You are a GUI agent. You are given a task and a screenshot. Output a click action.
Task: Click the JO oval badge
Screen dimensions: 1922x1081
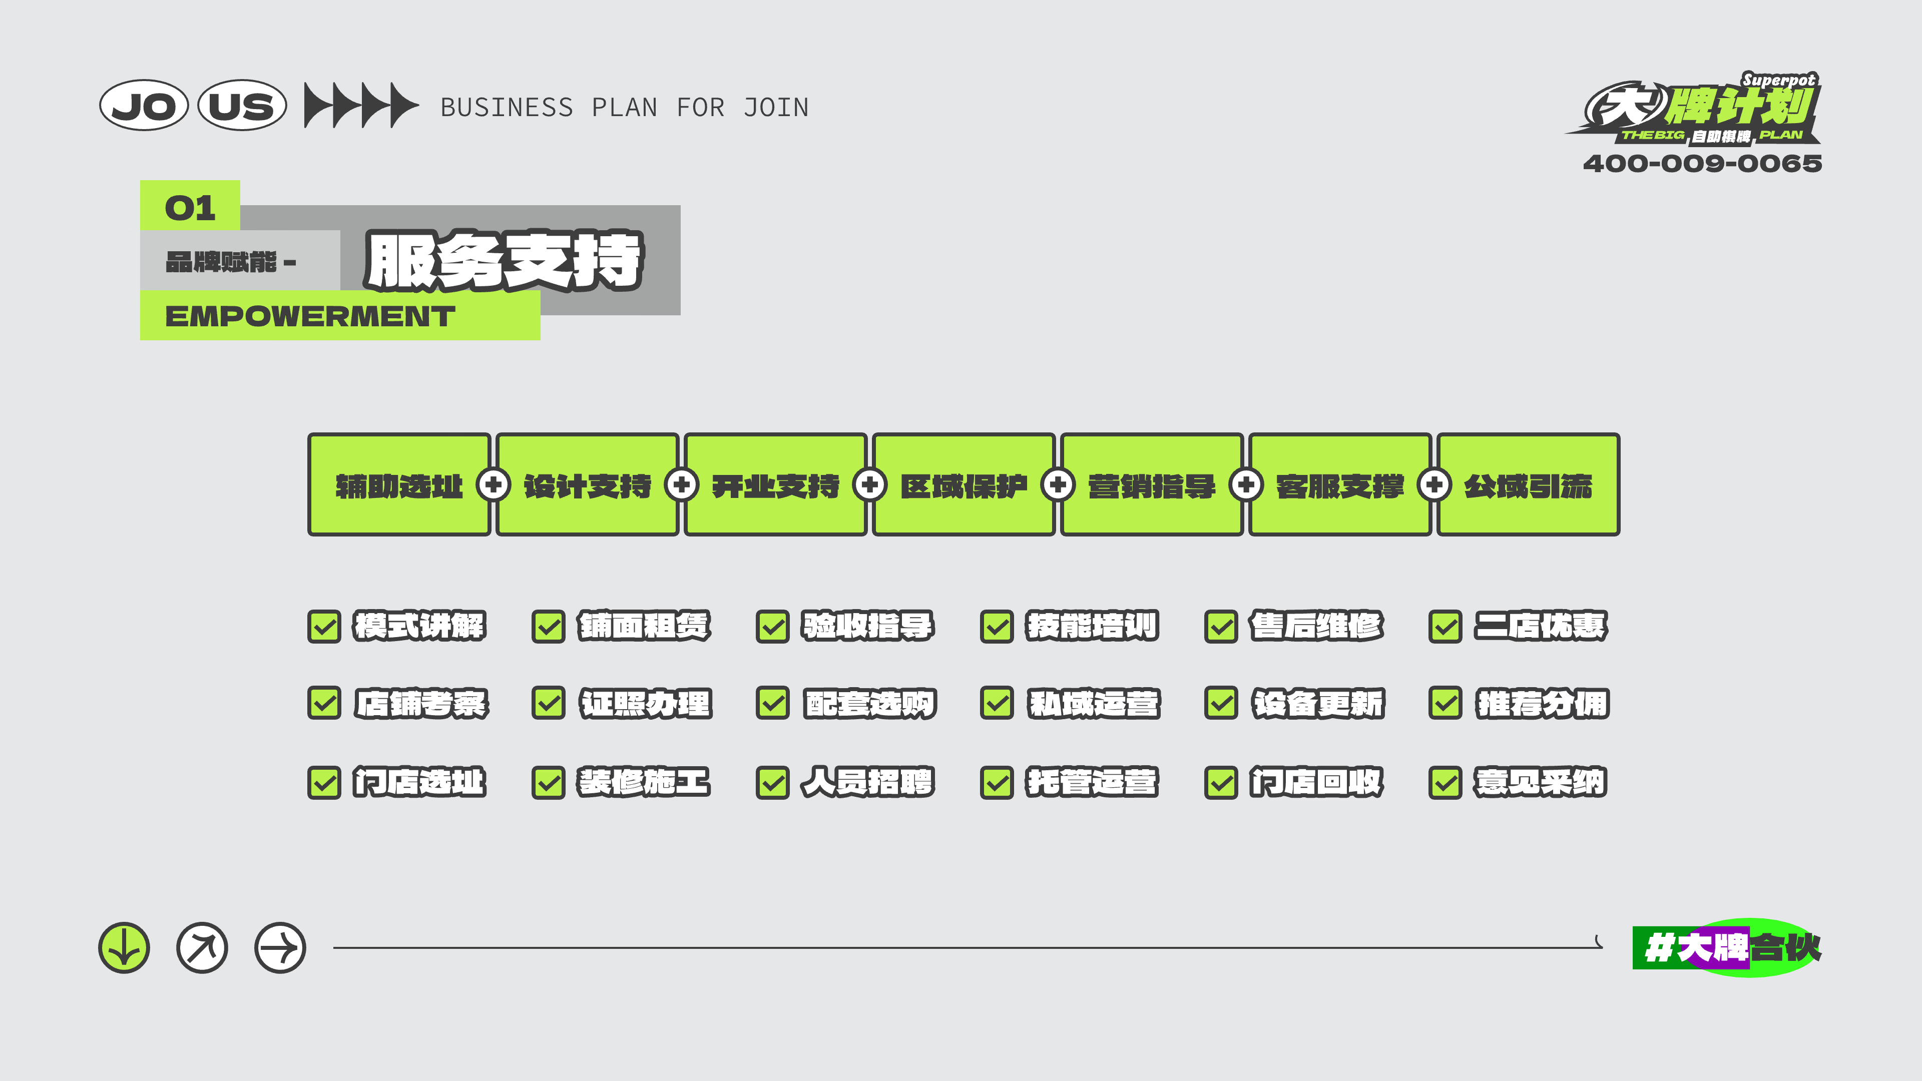(143, 105)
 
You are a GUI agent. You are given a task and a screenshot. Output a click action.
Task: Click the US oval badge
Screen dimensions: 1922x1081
(242, 105)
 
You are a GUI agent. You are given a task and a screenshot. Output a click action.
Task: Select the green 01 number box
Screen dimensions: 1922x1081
(190, 206)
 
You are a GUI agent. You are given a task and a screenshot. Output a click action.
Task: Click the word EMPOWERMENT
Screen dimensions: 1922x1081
(310, 316)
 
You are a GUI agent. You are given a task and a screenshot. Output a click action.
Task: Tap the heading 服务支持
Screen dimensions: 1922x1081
(505, 260)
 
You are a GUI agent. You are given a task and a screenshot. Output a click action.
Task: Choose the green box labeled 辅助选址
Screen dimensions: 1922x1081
(399, 484)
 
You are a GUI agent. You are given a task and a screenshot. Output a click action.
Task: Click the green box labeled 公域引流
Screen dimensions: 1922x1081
(1528, 484)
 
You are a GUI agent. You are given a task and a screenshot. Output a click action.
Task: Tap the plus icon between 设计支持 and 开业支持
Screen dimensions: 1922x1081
(681, 485)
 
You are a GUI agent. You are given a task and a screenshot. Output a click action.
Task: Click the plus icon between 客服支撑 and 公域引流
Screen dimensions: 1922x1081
(1433, 485)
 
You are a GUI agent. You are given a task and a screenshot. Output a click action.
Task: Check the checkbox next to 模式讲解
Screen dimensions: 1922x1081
(324, 627)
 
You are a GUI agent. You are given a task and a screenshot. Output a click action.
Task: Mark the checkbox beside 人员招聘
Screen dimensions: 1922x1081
(772, 783)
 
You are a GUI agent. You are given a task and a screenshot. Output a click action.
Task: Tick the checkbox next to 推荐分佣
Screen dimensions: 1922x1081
(1445, 704)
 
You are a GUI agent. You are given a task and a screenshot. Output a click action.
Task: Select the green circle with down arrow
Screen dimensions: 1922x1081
(124, 948)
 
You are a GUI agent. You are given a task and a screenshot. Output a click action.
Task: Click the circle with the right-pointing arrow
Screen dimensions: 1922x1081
(280, 948)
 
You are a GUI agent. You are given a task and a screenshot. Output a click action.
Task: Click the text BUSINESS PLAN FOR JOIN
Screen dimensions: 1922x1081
(625, 108)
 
